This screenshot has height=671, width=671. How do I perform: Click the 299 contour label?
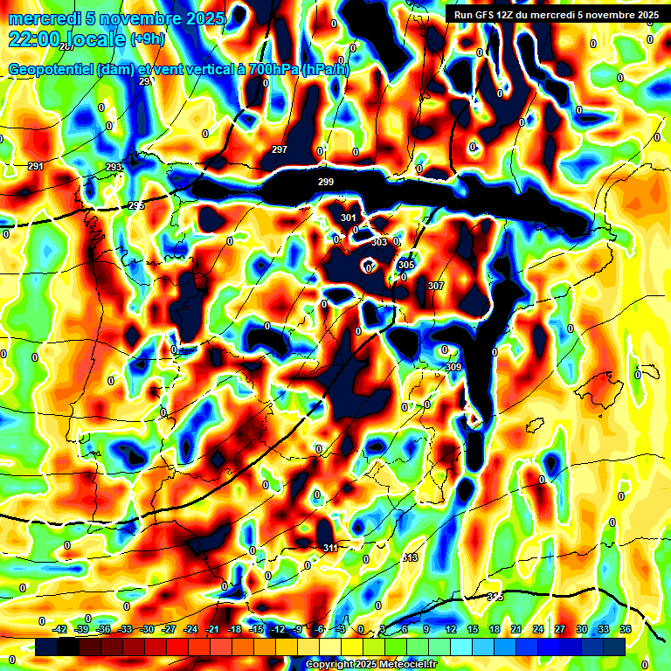click(x=326, y=182)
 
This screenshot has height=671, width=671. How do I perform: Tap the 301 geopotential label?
click(x=349, y=218)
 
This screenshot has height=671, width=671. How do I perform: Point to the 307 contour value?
click(x=436, y=286)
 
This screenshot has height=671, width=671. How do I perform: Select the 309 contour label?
click(x=453, y=368)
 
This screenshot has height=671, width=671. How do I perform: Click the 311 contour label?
click(x=330, y=548)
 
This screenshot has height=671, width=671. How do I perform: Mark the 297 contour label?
click(x=280, y=150)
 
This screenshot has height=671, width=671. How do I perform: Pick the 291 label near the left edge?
click(x=36, y=166)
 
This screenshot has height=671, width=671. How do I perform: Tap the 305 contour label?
click(x=406, y=265)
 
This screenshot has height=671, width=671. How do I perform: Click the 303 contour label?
click(x=379, y=242)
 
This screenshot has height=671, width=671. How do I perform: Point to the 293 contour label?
click(x=114, y=167)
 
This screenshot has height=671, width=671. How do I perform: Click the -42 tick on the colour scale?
click(x=60, y=629)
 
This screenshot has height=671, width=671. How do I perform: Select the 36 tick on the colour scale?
click(x=626, y=629)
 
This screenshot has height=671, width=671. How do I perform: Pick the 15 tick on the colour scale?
click(x=473, y=629)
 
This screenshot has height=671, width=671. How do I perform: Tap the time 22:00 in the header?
click(x=32, y=39)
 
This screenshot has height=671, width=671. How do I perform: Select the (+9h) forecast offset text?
click(x=147, y=40)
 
